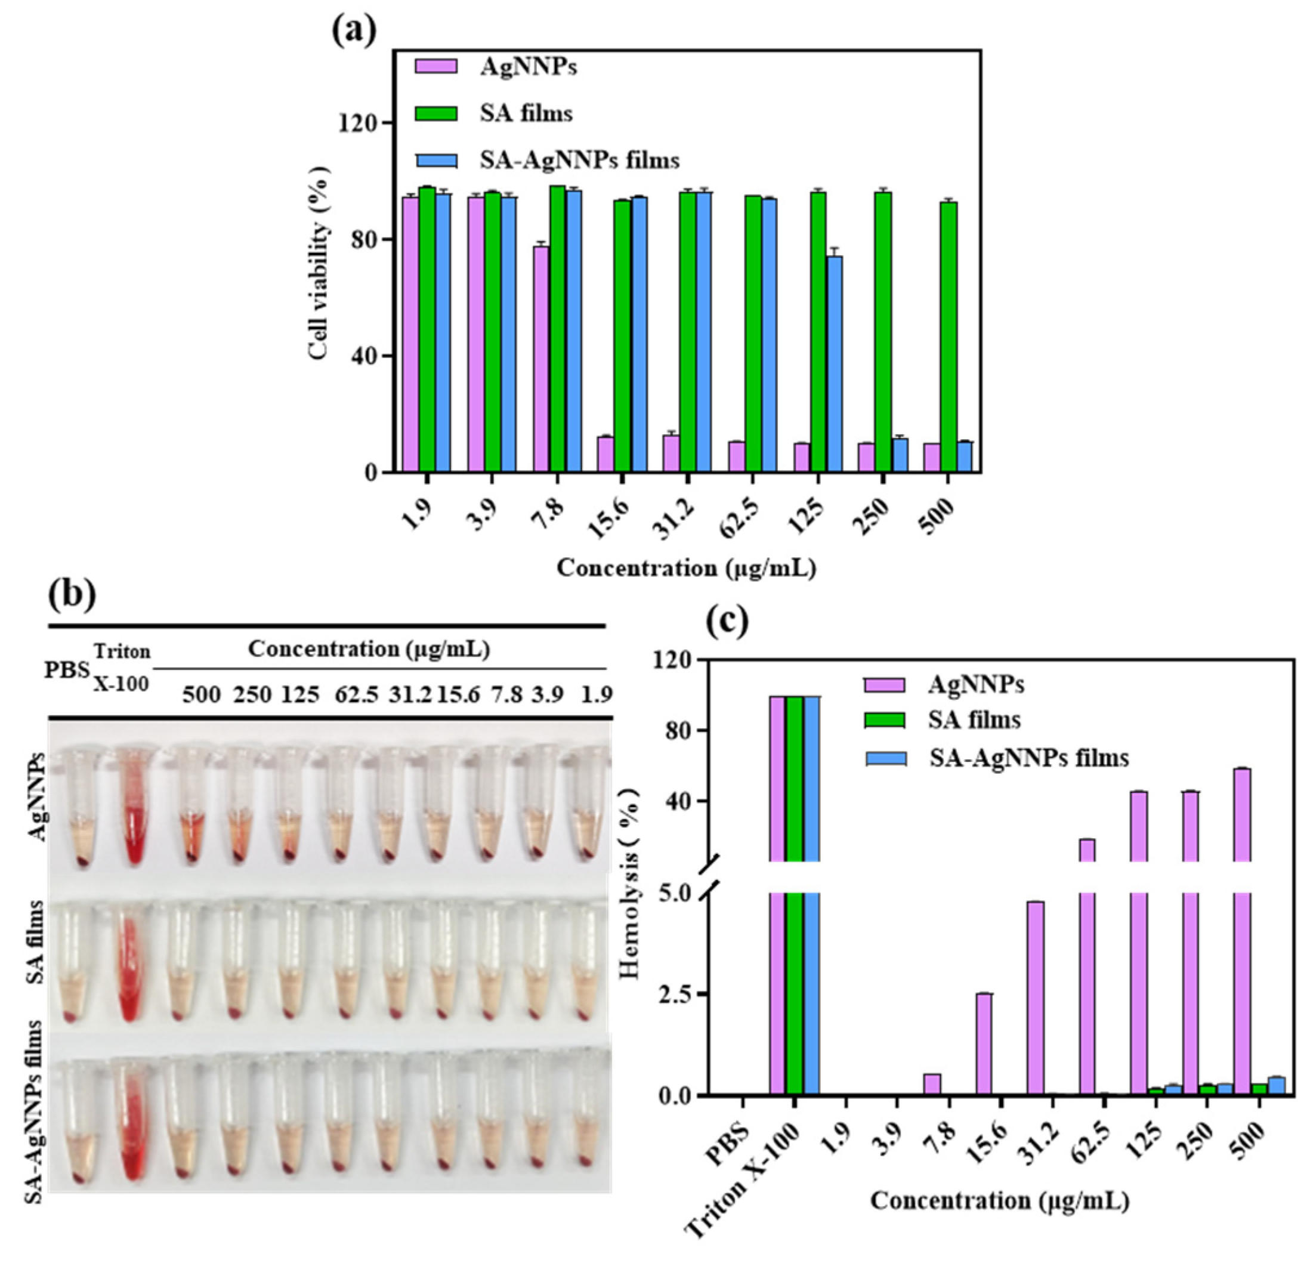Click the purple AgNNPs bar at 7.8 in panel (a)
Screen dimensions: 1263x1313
[541, 359]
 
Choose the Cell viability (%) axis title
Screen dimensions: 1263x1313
[321, 263]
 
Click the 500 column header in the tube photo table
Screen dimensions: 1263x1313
[201, 695]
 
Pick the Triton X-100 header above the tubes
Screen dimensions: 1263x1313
[121, 666]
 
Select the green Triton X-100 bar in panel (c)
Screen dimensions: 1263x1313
[795, 891]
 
